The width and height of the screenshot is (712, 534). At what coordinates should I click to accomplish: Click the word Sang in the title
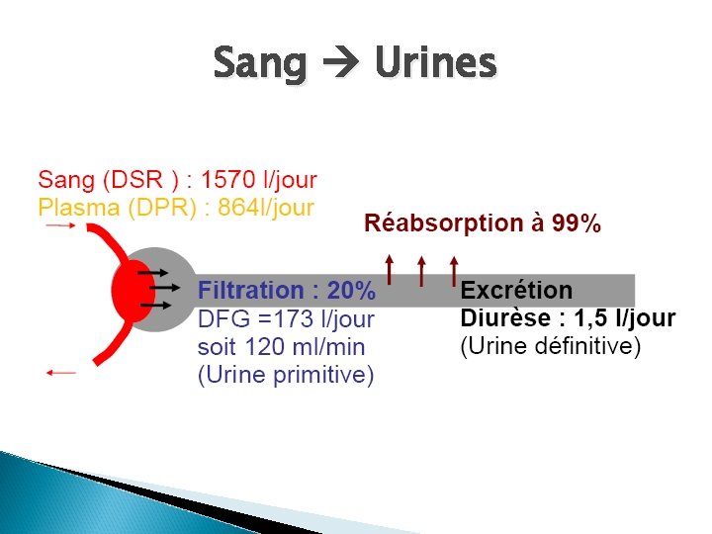[261, 64]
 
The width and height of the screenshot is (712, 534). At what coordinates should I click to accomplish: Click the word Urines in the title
[434, 64]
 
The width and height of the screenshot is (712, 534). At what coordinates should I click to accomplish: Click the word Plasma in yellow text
[76, 207]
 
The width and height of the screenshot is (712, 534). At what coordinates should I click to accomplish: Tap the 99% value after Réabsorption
[577, 223]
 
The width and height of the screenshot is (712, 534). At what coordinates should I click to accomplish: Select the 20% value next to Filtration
[351, 291]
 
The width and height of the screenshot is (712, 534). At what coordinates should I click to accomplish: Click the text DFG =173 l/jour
[287, 319]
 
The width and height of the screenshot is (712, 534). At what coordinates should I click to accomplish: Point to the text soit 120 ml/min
[281, 347]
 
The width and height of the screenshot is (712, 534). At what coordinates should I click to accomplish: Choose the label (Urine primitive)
[286, 376]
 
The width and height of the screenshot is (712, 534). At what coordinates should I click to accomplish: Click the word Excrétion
[516, 291]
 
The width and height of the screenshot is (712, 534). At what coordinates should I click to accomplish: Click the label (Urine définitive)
[551, 346]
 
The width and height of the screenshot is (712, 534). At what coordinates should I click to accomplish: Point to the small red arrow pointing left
[60, 372]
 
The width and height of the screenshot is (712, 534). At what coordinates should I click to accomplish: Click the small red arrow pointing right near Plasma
[60, 225]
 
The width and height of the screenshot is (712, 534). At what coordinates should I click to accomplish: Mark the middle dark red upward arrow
[422, 270]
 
